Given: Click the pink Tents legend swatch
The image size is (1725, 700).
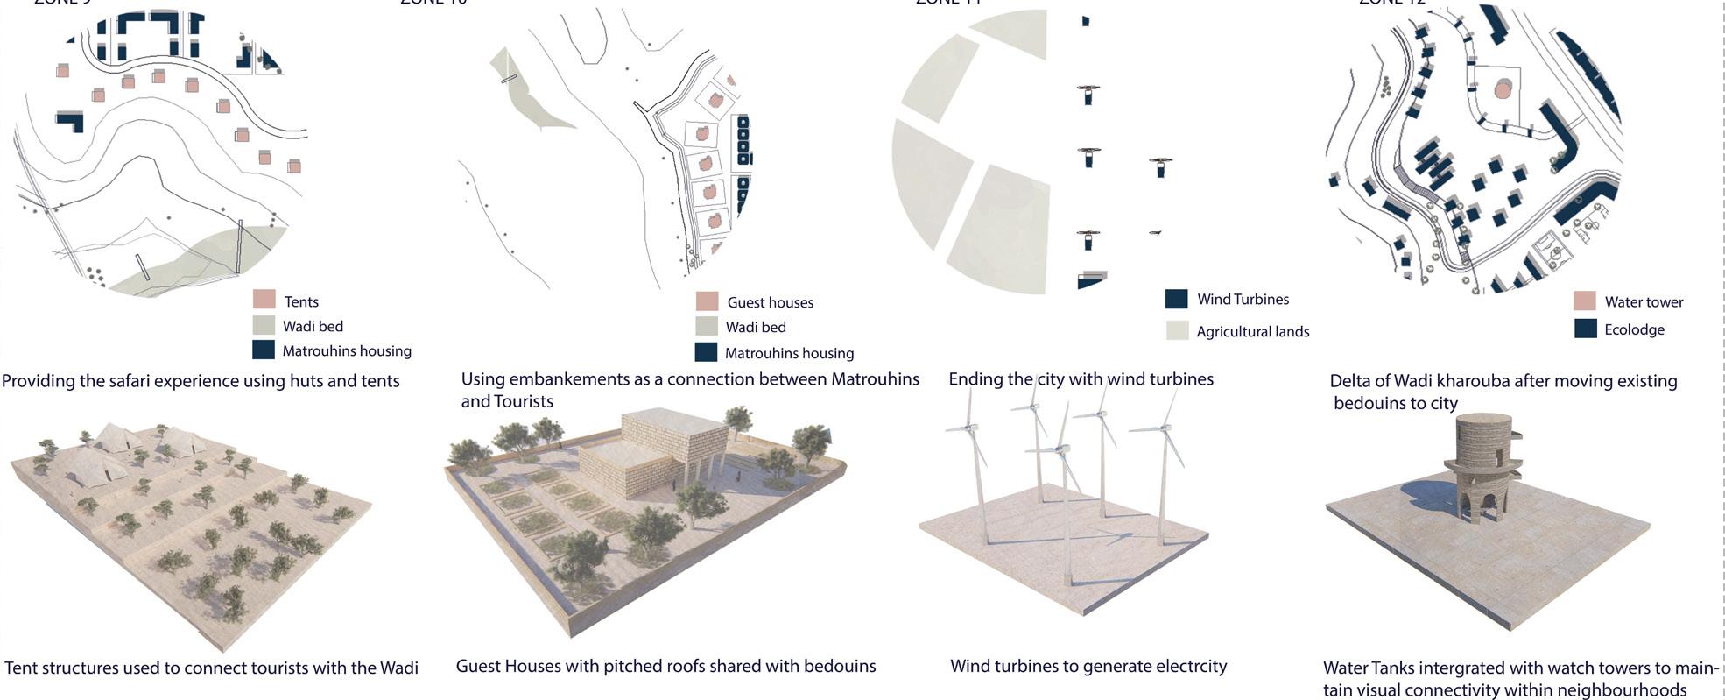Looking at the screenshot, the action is coord(264,300).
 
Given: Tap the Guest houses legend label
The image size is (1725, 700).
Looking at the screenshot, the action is coord(770,302).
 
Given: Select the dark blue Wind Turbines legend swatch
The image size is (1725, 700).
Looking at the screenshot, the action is coord(1176,299).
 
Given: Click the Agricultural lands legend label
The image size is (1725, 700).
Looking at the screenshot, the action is coord(1252,331).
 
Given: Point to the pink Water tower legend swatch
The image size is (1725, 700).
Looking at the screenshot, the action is coord(1584,301).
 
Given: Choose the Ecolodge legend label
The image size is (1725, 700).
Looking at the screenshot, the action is coord(1634,329).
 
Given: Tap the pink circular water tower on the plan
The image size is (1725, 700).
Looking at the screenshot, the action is coord(1503,89).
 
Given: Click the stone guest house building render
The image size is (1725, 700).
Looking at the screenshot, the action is coord(652,460).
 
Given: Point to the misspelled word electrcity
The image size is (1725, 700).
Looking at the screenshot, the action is coord(1183,666).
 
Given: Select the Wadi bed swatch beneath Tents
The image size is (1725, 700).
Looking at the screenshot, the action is coord(264,325).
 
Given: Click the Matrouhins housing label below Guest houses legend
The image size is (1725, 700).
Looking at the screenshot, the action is coord(789,353).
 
